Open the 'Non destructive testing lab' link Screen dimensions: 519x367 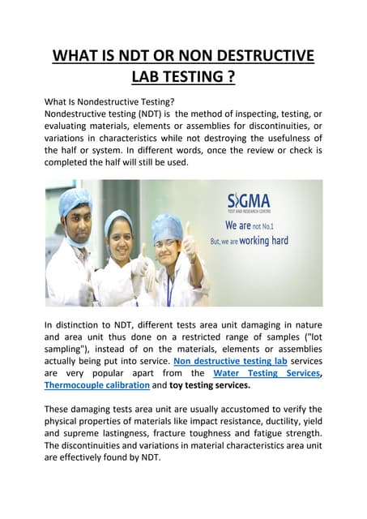pos(231,359)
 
